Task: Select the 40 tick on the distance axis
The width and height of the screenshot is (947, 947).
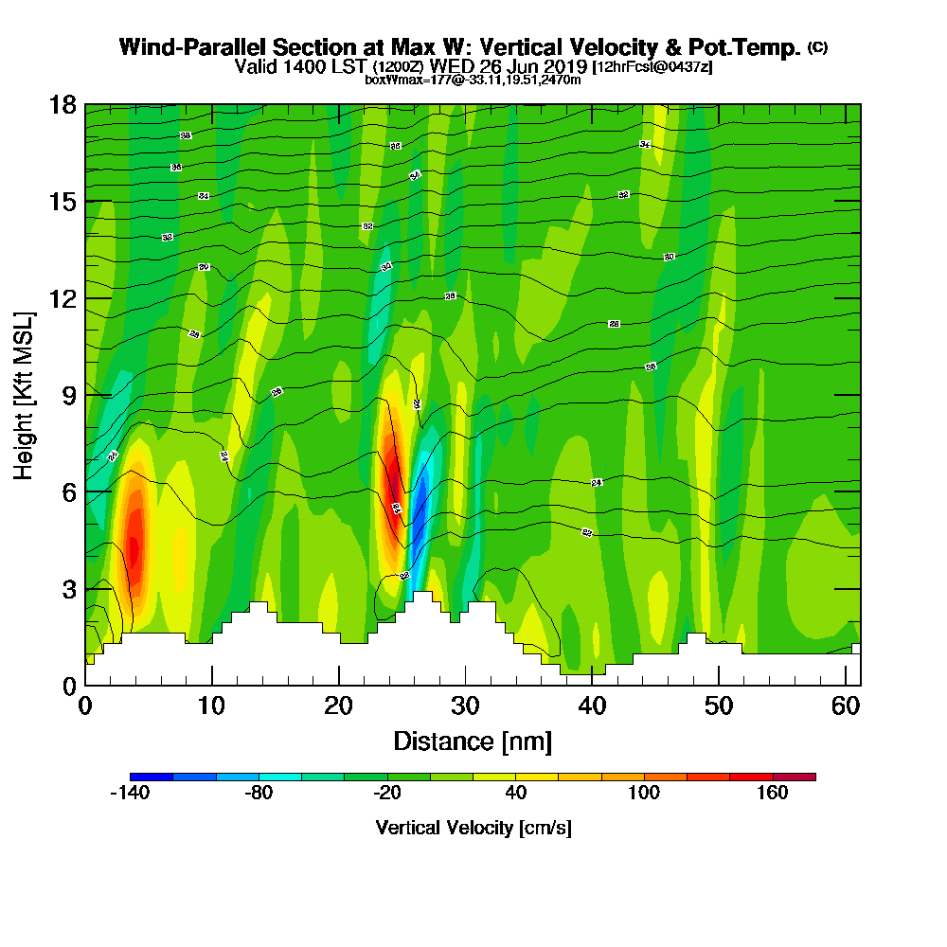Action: click(592, 706)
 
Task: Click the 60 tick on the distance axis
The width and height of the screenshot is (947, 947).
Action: click(847, 706)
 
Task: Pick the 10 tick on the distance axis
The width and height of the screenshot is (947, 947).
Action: click(211, 706)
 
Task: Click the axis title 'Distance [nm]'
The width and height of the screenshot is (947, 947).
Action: click(473, 741)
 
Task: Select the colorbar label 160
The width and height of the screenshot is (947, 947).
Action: click(773, 794)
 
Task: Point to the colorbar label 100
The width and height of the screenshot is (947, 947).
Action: click(644, 794)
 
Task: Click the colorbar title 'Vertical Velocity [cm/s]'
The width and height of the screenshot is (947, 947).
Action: click(473, 828)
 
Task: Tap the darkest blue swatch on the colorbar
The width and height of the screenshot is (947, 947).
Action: click(152, 777)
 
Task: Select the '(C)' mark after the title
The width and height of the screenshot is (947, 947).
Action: click(817, 47)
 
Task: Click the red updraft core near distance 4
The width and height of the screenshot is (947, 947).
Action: click(134, 547)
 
